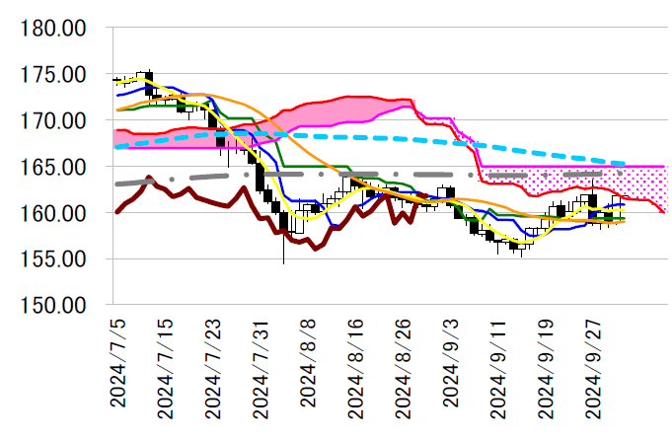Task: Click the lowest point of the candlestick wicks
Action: (x=283, y=264)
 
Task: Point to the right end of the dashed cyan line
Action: (x=624, y=164)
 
